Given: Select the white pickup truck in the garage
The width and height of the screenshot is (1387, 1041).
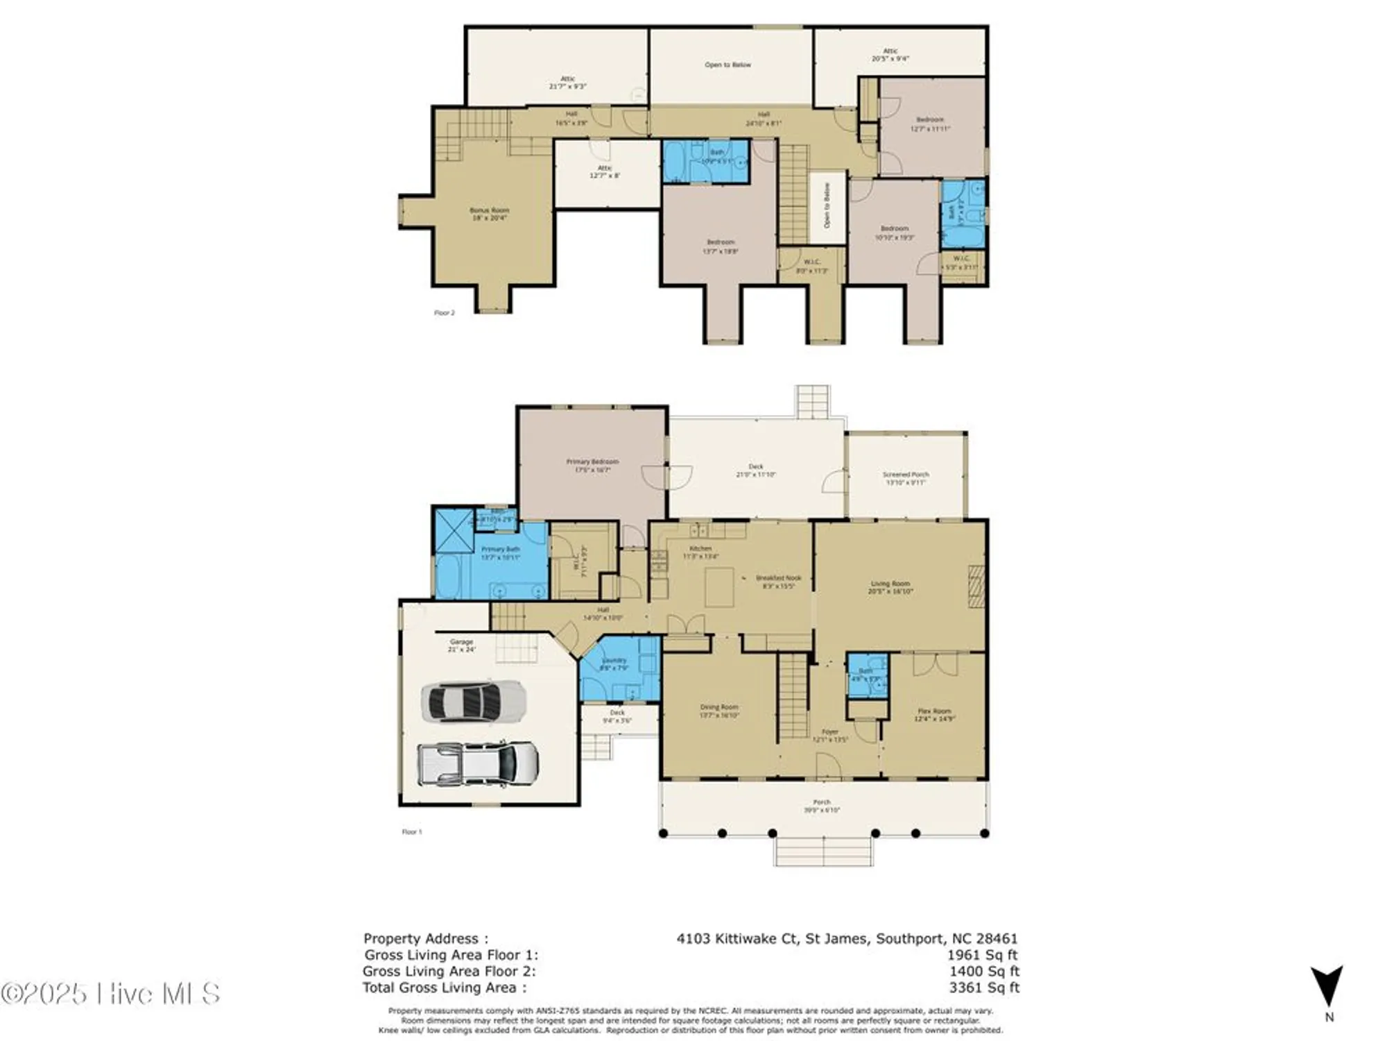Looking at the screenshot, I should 478,764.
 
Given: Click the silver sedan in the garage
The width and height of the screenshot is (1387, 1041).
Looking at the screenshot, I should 474,702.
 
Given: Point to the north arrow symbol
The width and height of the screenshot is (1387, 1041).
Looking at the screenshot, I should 1326,986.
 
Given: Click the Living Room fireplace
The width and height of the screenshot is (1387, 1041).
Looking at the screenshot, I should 976,586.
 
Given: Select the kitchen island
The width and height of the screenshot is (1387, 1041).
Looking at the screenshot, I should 719,587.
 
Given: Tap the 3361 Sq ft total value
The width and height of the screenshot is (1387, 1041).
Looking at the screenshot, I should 984,988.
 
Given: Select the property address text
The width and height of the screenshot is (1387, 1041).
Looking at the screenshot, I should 847,938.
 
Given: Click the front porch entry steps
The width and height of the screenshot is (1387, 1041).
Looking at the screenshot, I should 823,852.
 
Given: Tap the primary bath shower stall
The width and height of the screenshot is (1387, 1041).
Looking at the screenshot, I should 454,531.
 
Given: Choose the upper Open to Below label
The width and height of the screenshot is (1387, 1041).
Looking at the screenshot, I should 727,65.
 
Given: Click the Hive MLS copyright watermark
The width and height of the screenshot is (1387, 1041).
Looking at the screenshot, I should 111,994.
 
